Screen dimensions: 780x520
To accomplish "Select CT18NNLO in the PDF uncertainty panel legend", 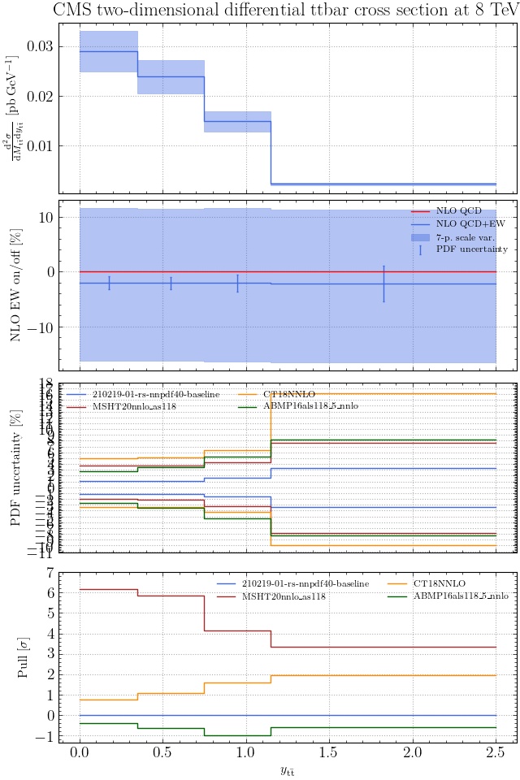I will pyautogui.click(x=285, y=393).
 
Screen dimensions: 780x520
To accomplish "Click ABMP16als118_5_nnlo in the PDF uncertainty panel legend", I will pyautogui.click(x=310, y=405).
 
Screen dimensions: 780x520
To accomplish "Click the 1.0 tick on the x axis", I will pyautogui.click(x=246, y=753).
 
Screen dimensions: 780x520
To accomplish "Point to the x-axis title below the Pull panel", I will pyautogui.click(x=288, y=771).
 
